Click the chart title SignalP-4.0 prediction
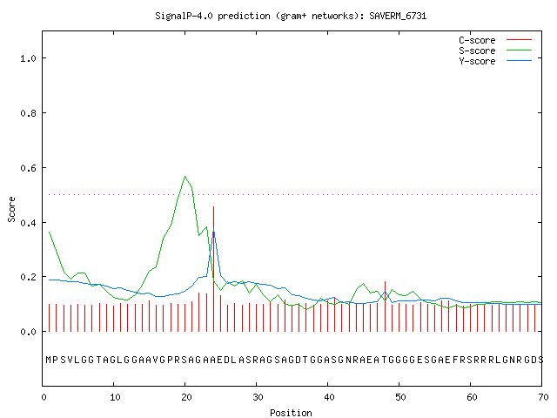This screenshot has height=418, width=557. point(291,16)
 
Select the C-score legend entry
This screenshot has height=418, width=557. point(495,40)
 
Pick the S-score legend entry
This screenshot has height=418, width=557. point(495,51)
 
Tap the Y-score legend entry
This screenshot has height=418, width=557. point(495,61)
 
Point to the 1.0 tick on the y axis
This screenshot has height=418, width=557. point(29,58)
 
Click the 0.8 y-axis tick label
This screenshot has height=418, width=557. point(29,113)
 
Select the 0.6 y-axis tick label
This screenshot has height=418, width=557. point(29,168)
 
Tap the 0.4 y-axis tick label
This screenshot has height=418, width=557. point(29,223)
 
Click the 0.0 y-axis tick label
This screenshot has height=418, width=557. point(29,332)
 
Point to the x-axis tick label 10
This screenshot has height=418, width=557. point(115,397)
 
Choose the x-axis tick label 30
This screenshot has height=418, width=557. point(258,397)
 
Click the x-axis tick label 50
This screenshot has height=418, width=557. point(400,397)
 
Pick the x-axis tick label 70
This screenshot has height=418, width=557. point(543,397)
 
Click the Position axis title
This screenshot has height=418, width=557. point(291,413)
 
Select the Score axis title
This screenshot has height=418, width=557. point(11,210)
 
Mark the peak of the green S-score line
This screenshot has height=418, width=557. point(185,176)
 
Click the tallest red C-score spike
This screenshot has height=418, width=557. point(213,269)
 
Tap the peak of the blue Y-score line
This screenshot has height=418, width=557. point(213,229)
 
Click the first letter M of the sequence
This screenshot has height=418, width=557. point(49,360)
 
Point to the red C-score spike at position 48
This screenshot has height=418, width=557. point(385,307)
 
